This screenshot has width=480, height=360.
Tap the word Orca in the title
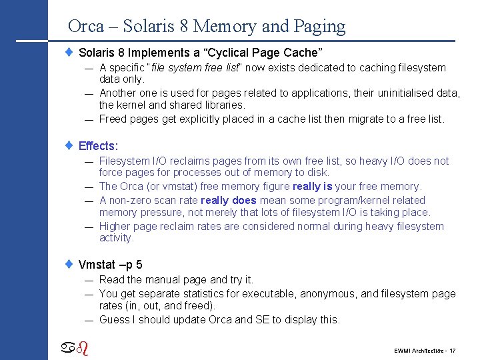point(86,27)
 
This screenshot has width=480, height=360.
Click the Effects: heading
point(98,146)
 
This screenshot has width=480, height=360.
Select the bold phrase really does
point(229,200)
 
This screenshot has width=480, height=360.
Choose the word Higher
point(115,226)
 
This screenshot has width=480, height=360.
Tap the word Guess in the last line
point(114,319)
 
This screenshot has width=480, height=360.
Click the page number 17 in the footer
point(453,351)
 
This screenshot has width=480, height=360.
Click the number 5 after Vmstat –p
point(139,265)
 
